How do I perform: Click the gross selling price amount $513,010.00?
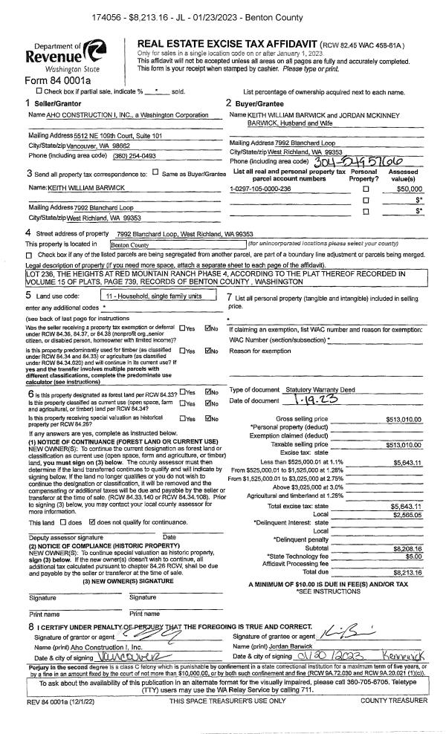pyautogui.click(x=404, y=419)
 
